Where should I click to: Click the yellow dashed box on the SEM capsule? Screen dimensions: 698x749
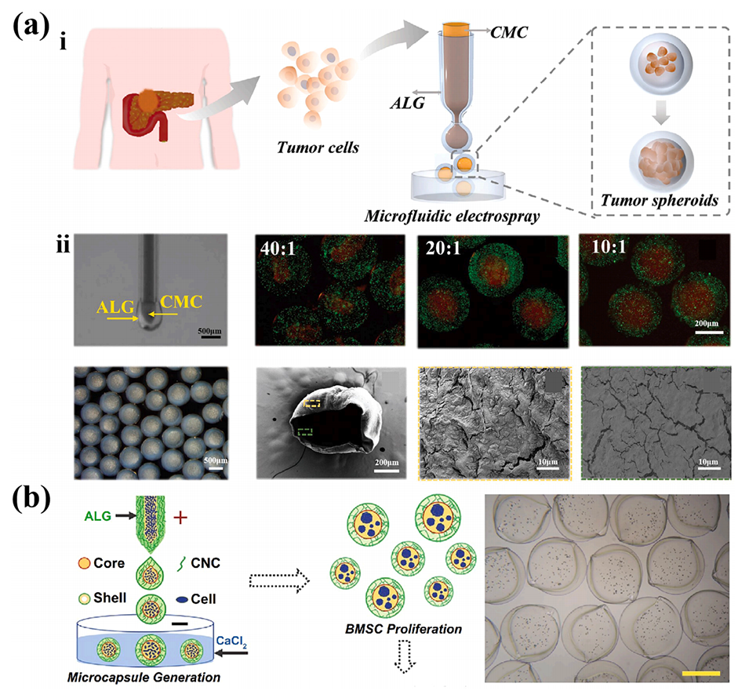coord(312,405)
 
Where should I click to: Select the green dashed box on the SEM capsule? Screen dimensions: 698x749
coord(306,431)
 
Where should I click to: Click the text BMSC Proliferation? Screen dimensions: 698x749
coord(387,629)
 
